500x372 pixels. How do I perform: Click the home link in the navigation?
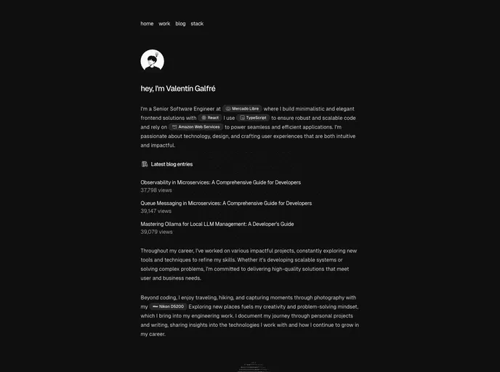147,24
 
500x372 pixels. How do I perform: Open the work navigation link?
164,24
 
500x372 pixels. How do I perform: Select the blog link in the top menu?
180,24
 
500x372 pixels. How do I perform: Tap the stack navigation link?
197,24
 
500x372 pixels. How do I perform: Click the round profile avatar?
152,61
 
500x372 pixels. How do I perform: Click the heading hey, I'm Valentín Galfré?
178,89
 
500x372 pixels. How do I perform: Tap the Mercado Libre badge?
242,108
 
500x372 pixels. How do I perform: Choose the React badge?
210,118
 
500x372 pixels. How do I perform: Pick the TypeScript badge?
253,118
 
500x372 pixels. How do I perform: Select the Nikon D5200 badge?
168,307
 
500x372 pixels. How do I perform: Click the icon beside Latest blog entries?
145,164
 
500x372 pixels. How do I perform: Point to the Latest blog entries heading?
172,164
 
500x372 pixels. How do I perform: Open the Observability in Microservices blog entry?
220,182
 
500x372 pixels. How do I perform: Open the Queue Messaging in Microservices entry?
226,203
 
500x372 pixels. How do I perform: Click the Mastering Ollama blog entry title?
217,224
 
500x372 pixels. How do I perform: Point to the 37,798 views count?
156,190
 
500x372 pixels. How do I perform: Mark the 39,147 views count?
156,211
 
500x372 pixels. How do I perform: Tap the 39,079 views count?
156,232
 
